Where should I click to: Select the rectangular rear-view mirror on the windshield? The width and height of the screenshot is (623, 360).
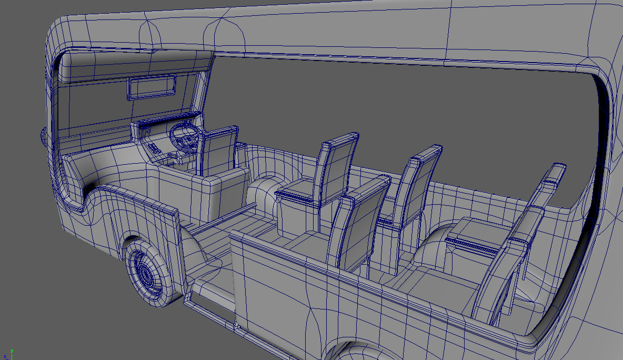point(152,87)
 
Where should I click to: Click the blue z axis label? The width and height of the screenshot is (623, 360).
point(5,356)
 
